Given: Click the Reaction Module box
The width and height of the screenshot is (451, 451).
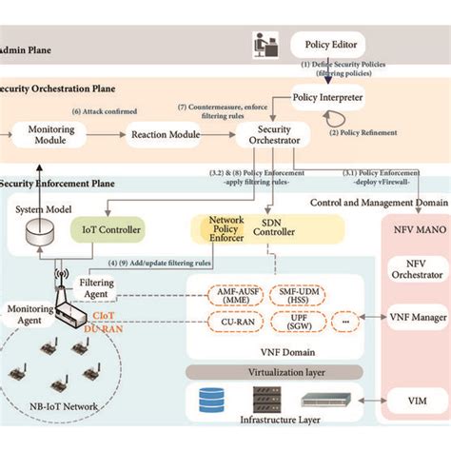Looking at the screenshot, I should click(x=164, y=135).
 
